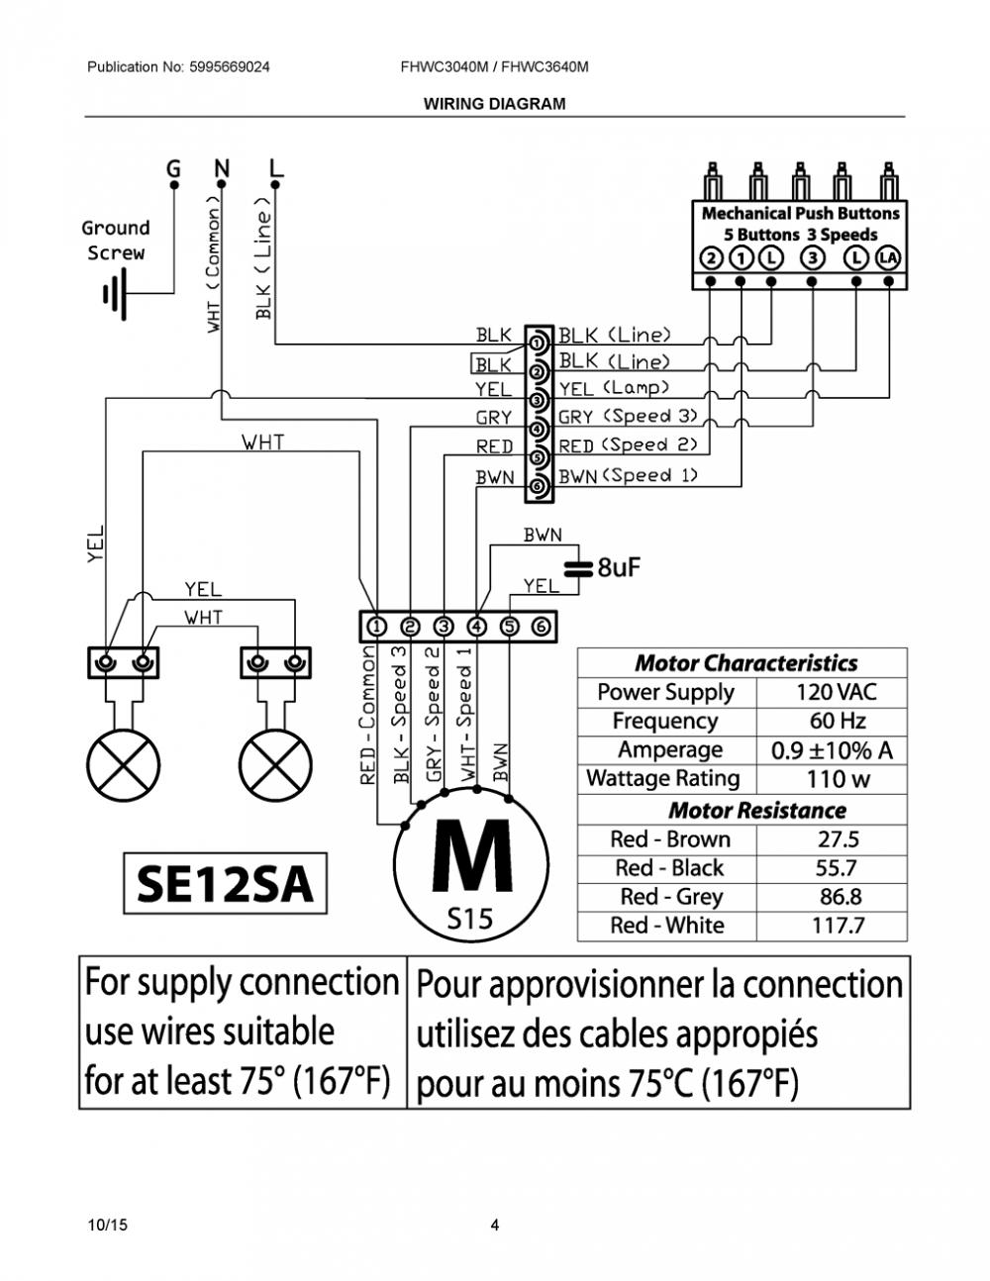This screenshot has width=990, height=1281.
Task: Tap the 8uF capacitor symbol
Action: [577, 569]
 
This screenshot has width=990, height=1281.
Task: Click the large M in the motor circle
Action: [471, 856]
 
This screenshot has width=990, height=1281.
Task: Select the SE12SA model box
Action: [225, 883]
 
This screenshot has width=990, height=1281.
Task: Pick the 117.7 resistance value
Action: [838, 926]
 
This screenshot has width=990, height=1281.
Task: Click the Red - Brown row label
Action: [670, 838]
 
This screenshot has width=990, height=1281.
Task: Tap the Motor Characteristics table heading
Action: [746, 663]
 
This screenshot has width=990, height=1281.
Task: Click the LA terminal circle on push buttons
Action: [889, 258]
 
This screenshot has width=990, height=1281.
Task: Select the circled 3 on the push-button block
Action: [813, 258]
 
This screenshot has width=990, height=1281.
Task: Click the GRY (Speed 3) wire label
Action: [628, 417]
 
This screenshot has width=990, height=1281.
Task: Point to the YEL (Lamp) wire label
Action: [614, 388]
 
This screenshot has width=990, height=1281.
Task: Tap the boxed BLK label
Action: [492, 364]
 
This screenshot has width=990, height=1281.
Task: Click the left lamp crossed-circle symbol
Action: [123, 766]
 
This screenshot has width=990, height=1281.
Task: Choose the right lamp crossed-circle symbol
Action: [276, 766]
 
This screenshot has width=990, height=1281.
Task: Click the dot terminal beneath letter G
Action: [174, 185]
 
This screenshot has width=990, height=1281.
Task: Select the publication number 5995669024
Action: [230, 67]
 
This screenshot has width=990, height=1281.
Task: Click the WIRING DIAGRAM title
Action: [494, 104]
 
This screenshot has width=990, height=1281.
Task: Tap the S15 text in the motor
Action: [469, 919]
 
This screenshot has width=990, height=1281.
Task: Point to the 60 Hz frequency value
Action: [837, 721]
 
